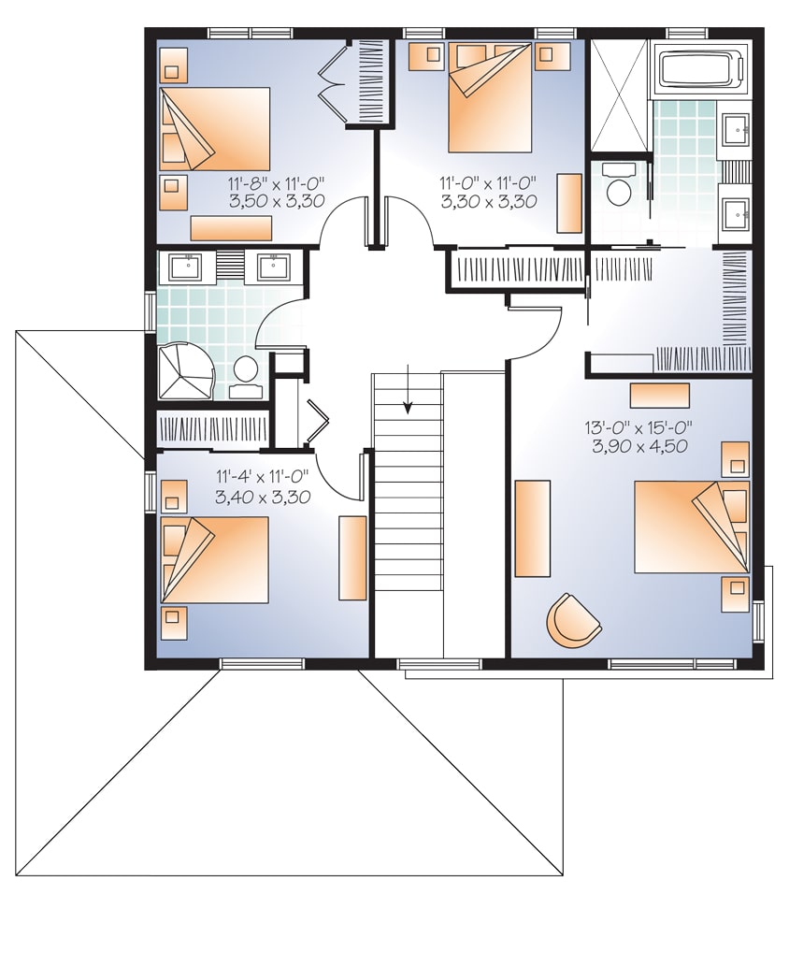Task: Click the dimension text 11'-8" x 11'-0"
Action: [276, 183]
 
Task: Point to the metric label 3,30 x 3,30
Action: [488, 200]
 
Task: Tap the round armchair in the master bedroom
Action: [573, 619]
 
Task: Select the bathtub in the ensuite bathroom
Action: [706, 72]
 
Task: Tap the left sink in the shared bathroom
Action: [190, 267]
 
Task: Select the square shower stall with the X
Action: [619, 94]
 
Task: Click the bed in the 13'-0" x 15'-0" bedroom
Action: [690, 526]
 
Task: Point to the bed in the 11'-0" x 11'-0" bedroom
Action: [490, 97]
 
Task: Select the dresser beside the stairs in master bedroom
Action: [533, 527]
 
